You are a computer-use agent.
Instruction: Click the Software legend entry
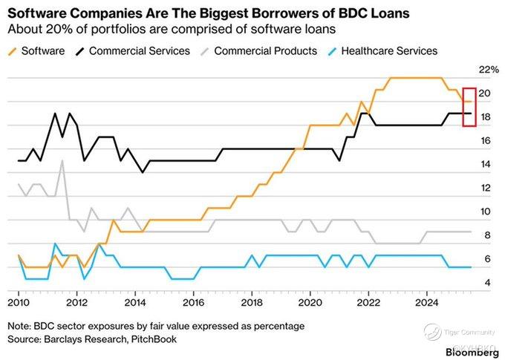tap(36, 51)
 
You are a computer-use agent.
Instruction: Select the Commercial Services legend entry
tap(133, 51)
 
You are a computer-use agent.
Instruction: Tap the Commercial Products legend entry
tap(258, 51)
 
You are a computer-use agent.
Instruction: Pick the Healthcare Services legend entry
tap(382, 51)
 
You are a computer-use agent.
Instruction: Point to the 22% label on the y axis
tap(489, 70)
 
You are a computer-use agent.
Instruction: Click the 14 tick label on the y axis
tap(486, 164)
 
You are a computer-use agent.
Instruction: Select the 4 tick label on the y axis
tap(488, 283)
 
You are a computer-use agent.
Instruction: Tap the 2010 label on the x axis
tap(19, 303)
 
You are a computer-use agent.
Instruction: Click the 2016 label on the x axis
tap(194, 303)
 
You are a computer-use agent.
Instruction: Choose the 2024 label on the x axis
tap(427, 303)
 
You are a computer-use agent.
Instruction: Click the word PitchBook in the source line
tap(154, 339)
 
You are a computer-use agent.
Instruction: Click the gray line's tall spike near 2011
tap(62, 160)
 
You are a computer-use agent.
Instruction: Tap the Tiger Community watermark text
tap(469, 333)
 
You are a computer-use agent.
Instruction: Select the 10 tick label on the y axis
tap(486, 212)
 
